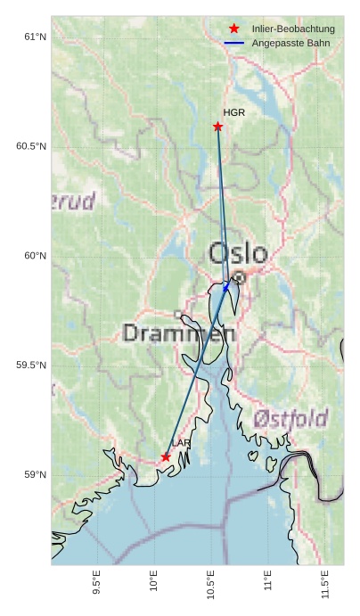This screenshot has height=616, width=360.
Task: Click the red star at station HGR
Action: (217, 127)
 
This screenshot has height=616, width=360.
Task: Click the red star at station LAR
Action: (166, 456)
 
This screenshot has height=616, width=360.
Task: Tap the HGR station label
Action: (233, 113)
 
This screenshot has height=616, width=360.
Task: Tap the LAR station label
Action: (181, 443)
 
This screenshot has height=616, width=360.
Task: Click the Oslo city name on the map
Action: (237, 253)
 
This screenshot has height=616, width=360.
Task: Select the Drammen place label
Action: (178, 334)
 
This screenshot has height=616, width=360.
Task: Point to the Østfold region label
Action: (290, 418)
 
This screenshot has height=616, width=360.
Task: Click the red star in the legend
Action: (234, 29)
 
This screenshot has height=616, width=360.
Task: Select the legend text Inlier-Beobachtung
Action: (293, 29)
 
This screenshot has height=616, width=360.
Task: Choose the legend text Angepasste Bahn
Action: (290, 43)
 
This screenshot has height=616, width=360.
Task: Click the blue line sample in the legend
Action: (234, 43)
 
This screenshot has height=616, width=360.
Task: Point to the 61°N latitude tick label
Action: (35, 37)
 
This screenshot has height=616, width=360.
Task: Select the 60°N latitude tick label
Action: (35, 256)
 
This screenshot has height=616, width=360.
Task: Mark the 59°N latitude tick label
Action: (35, 475)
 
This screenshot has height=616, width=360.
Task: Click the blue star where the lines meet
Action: (226, 287)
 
